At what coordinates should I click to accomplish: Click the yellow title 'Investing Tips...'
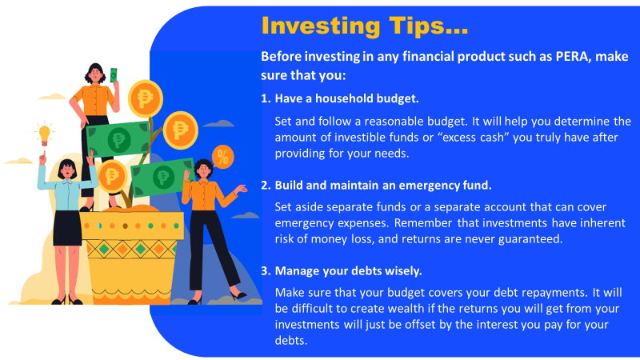tap(364, 26)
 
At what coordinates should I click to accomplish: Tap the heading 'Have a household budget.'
tap(346, 98)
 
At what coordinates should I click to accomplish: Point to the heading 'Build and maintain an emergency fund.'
tap(383, 186)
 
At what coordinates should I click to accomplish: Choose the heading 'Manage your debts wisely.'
tap(348, 271)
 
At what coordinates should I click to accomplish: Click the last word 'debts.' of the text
tap(291, 341)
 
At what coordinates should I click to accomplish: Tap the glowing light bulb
tap(44, 134)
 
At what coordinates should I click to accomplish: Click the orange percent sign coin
tap(222, 157)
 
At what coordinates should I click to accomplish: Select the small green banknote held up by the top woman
tap(114, 75)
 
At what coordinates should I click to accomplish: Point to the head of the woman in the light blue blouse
tap(67, 169)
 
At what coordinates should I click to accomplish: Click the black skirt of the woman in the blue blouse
tap(67, 228)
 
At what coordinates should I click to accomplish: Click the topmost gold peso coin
tap(146, 98)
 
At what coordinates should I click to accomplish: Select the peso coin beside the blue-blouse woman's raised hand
tap(111, 176)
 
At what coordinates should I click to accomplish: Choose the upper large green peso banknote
tap(118, 139)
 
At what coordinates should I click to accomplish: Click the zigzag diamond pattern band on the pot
tap(130, 249)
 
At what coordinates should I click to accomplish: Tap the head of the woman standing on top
tap(95, 74)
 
